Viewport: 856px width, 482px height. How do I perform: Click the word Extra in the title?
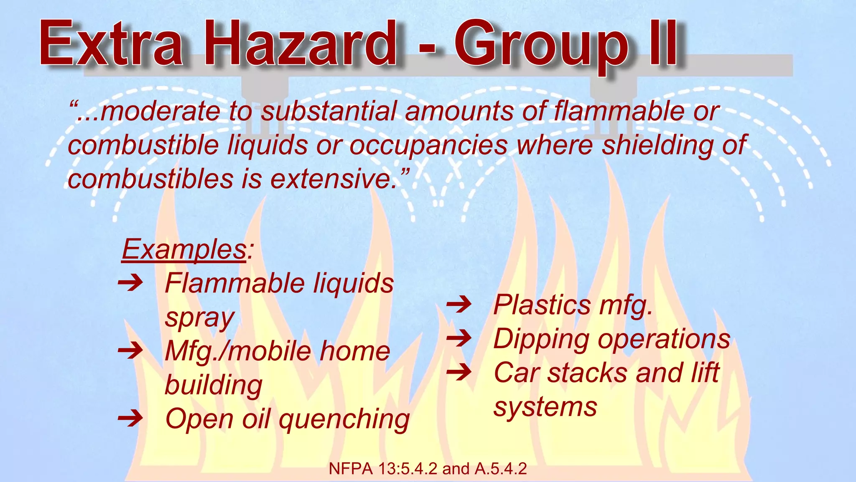coord(111,43)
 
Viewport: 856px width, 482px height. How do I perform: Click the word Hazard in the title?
coord(300,43)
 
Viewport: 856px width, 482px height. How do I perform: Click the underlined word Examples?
coord(184,250)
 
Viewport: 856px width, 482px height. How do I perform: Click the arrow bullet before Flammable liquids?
coord(130,283)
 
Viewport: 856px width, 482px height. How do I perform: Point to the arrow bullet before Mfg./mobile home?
coord(130,351)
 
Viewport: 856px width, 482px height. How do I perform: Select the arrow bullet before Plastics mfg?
coord(459,304)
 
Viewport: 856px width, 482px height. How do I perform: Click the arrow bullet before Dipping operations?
coord(459,338)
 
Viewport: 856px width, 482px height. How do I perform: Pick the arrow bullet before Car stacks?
coord(459,372)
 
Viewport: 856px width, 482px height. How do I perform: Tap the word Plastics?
coord(542,305)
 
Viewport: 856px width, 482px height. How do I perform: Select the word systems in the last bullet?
coord(545,407)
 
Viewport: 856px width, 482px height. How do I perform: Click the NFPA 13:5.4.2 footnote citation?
coord(428,469)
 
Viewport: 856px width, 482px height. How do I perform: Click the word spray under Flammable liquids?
coord(199,318)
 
